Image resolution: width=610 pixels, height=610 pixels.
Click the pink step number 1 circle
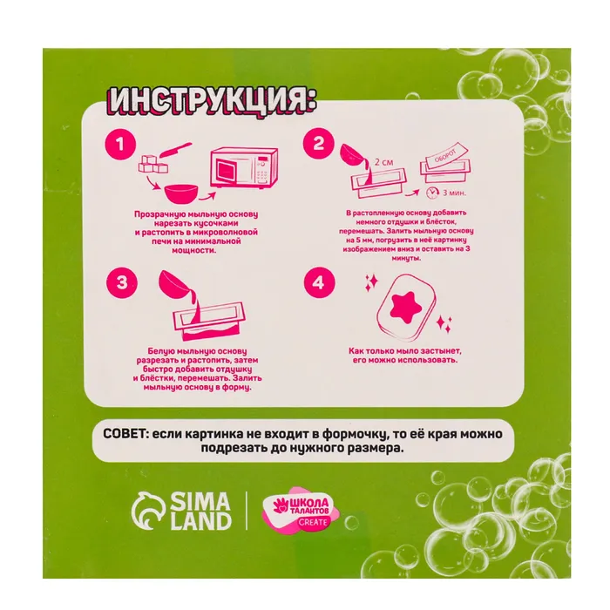pos(120,145)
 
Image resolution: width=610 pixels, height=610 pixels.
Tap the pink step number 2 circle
pos(319,143)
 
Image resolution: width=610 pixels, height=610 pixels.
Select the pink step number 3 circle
pos(122,281)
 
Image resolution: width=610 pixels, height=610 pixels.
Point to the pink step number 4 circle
pos(319,282)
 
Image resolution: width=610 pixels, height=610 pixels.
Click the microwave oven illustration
pos(244,167)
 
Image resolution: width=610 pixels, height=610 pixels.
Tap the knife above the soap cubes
pos(176,150)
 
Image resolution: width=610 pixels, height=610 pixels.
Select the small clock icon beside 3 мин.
pos(431,193)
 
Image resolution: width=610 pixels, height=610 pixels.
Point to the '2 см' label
pos(383,162)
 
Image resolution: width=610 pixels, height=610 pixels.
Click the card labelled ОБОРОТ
pos(446,156)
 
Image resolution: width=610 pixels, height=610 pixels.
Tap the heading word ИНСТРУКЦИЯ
pos(212,101)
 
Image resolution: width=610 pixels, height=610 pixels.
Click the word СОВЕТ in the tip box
pos(125,433)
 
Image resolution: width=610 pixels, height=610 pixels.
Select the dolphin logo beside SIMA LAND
pos(149,510)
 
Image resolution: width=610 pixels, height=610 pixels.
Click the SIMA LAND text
pos(200,511)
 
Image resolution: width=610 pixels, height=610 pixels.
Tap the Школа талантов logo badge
pos(302,509)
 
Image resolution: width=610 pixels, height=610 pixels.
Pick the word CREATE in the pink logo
pos(313,522)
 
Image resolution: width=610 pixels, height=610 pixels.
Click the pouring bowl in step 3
pos(174,284)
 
